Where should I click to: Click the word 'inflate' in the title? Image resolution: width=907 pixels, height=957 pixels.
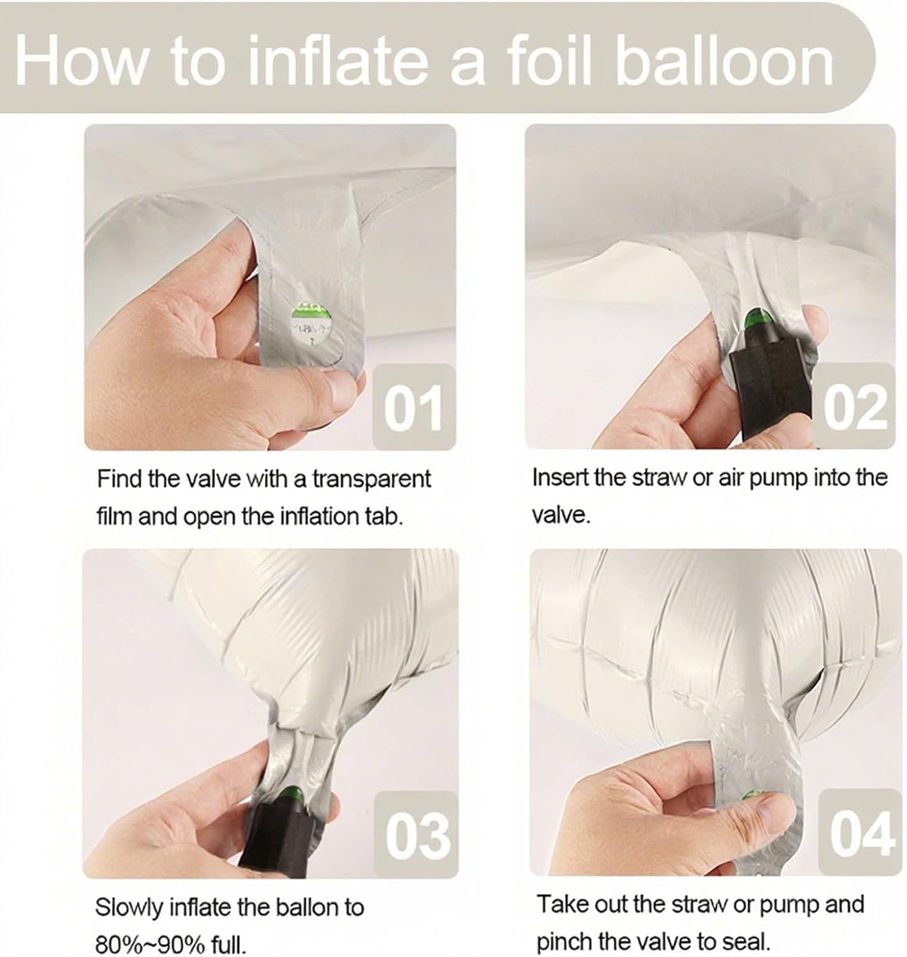pos(338,61)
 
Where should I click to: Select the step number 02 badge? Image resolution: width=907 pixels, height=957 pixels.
pos(854,406)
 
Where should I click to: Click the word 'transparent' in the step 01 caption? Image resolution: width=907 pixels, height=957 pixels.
pos(371,479)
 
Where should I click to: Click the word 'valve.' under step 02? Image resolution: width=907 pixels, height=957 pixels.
pos(561,515)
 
